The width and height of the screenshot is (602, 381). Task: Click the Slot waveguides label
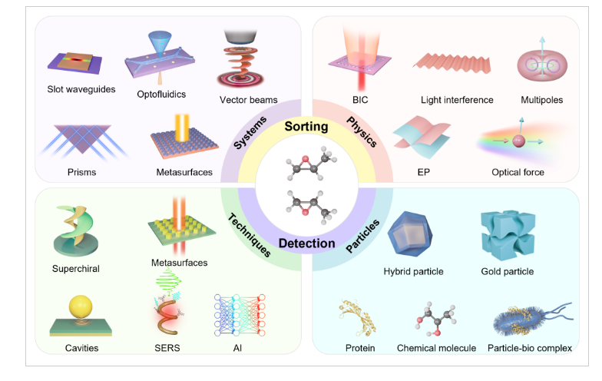79,89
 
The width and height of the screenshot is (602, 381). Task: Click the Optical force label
518,172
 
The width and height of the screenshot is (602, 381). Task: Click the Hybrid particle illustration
413,234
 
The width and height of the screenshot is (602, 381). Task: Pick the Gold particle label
506,271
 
